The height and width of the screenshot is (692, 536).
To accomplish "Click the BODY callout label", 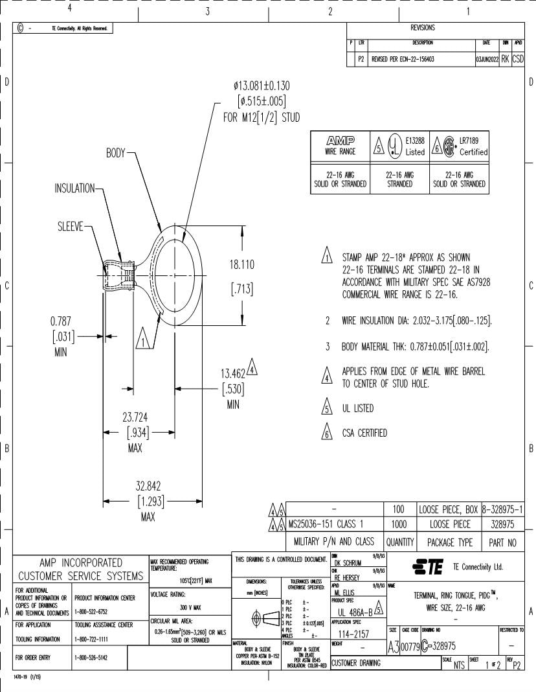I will click(x=116, y=154).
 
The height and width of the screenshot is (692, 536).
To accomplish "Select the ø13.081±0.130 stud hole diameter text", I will click(x=262, y=87).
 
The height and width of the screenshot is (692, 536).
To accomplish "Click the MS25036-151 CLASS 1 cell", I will click(x=331, y=525).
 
